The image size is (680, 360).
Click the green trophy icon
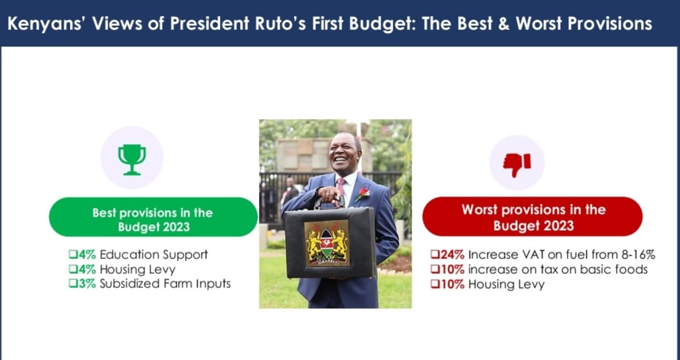click(x=132, y=159)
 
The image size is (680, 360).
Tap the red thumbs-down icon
click(x=517, y=164)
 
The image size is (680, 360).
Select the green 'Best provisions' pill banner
click(x=153, y=217)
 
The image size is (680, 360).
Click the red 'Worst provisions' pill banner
click(x=533, y=217)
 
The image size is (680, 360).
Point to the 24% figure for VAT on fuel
click(x=452, y=254)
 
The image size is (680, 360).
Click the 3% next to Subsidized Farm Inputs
click(x=87, y=284)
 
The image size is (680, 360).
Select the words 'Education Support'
click(x=154, y=254)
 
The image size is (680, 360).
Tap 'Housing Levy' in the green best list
click(x=137, y=270)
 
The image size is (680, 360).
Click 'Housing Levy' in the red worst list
click(x=506, y=285)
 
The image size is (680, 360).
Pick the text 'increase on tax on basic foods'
click(x=558, y=269)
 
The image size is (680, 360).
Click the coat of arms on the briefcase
click(x=327, y=243)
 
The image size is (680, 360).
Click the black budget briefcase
click(x=330, y=242)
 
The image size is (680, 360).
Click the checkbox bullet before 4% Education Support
click(x=73, y=254)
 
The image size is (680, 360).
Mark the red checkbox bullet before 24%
click(x=435, y=254)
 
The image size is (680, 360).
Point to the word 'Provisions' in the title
click(x=610, y=24)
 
